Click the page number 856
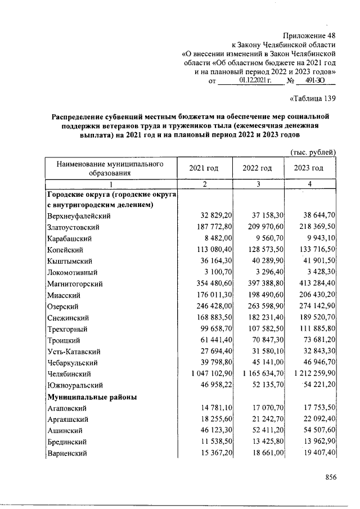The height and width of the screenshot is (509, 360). click(330, 477)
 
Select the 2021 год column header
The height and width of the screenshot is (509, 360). click(204, 168)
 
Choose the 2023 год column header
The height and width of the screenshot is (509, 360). click(309, 168)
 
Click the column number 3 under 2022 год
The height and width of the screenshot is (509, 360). click(257, 184)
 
